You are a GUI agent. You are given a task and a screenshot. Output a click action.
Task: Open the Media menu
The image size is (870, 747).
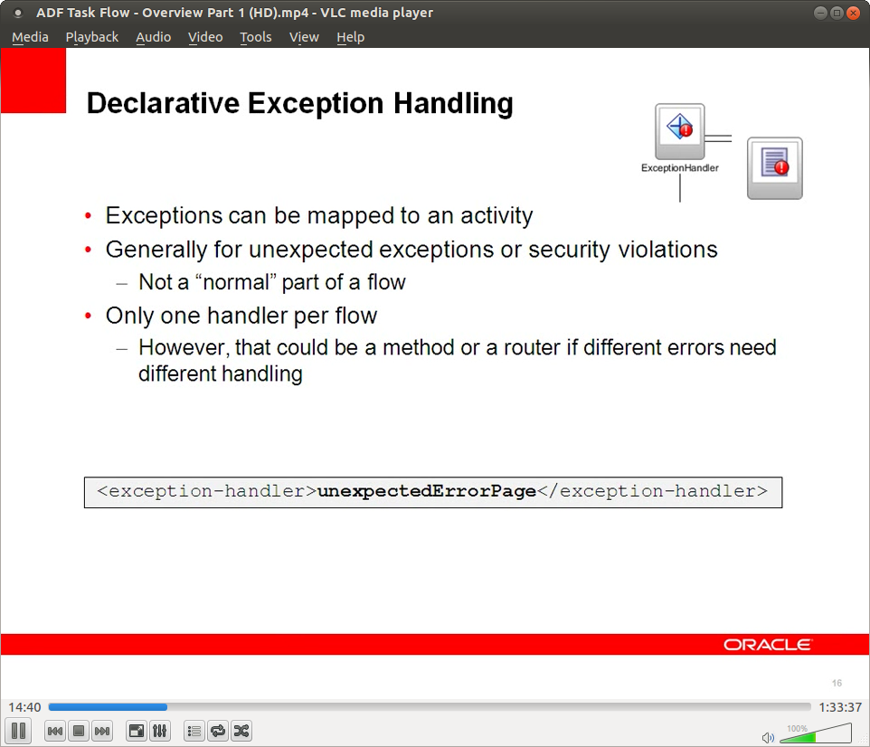(x=30, y=37)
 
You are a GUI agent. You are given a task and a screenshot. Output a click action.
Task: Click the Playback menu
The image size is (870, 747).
(x=92, y=37)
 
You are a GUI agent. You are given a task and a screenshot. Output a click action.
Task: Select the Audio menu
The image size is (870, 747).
(x=153, y=37)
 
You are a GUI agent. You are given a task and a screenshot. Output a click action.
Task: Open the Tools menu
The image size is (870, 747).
(x=255, y=37)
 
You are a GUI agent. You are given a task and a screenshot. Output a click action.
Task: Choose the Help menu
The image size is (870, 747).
(x=350, y=37)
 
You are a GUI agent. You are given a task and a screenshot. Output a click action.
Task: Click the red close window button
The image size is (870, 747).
(x=854, y=13)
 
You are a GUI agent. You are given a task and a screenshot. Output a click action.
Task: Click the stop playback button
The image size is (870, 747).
(x=79, y=731)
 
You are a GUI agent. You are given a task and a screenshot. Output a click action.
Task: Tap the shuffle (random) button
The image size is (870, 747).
(x=241, y=731)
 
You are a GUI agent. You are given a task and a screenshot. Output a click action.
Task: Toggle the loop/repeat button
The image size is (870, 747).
(x=218, y=731)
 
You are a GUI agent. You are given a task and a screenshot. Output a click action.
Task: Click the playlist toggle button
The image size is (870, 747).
(x=194, y=731)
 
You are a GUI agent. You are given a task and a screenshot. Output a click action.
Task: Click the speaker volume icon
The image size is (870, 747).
(x=768, y=738)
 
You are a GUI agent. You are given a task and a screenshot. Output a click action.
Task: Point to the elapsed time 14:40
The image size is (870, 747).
(x=24, y=707)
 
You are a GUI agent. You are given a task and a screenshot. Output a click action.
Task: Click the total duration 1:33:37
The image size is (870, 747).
(x=840, y=707)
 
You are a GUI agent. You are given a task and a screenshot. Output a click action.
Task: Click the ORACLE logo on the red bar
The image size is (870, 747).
(x=767, y=644)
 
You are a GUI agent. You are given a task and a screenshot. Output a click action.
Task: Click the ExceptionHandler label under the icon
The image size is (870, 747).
(x=680, y=167)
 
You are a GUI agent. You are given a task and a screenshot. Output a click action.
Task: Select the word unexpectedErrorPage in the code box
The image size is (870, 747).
(x=427, y=492)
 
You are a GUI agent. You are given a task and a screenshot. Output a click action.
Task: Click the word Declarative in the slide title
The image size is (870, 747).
(x=163, y=103)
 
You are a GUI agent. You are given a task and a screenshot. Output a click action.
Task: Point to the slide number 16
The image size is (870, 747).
(x=837, y=683)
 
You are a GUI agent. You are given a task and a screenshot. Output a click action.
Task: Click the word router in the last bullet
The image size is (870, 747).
(x=531, y=347)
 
